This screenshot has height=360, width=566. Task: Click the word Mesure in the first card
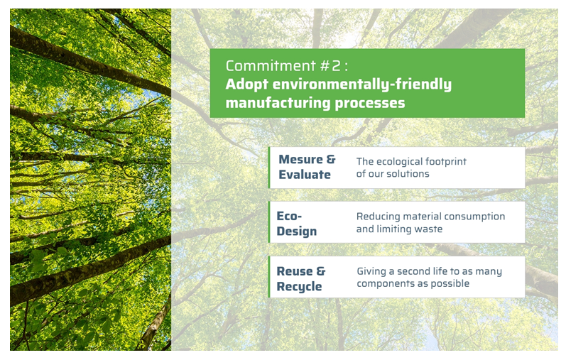(300, 159)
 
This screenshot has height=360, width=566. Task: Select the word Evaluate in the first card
(305, 175)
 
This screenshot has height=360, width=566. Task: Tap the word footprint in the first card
(445, 161)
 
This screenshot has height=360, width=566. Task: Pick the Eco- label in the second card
(290, 215)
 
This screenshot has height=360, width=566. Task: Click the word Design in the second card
(297, 231)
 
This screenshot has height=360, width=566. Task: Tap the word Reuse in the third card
(294, 271)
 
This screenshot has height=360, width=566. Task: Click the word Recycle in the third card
(299, 287)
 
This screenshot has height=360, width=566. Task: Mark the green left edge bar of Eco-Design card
(270, 222)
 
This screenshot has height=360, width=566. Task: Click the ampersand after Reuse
(321, 271)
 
